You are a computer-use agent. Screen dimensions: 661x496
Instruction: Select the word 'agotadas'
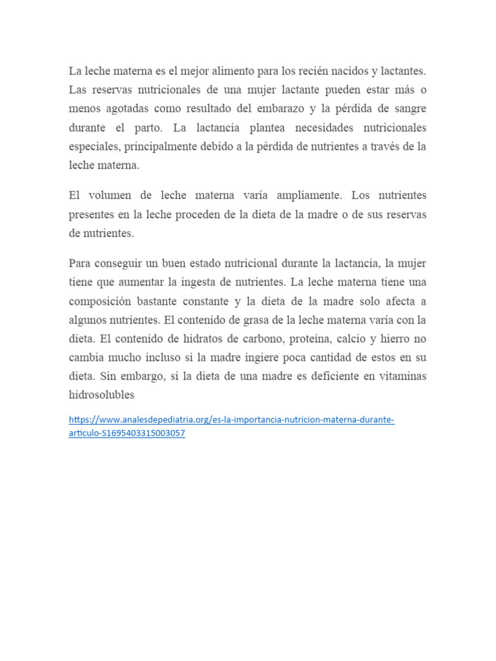pos(121,108)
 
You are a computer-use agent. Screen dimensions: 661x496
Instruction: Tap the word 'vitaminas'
pos(400,376)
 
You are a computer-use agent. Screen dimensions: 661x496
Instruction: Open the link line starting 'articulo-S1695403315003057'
pos(127,434)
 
